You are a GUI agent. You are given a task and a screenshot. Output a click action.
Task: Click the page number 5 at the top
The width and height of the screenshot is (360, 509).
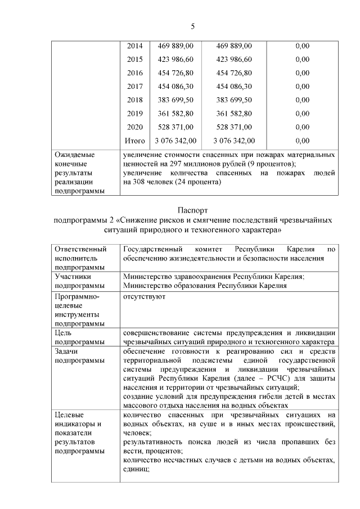click(192, 26)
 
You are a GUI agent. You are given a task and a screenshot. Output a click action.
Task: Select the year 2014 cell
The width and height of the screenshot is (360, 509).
click(135, 46)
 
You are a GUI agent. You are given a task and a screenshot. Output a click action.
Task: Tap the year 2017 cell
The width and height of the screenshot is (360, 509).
click(135, 87)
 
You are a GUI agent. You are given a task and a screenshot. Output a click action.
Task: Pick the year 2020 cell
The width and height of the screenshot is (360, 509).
click(135, 127)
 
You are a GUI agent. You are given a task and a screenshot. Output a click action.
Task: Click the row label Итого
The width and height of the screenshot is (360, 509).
click(135, 141)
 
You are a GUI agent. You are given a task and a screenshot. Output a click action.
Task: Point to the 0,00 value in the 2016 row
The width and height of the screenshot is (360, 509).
click(302, 73)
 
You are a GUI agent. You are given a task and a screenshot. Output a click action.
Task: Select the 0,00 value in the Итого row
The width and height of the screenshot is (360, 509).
click(302, 141)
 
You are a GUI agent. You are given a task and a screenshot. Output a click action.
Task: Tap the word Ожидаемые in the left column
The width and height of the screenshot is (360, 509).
click(74, 154)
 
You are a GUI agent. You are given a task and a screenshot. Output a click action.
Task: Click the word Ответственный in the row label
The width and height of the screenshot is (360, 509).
click(80, 249)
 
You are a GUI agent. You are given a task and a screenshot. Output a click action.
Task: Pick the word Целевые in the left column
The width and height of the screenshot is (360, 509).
click(69, 415)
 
